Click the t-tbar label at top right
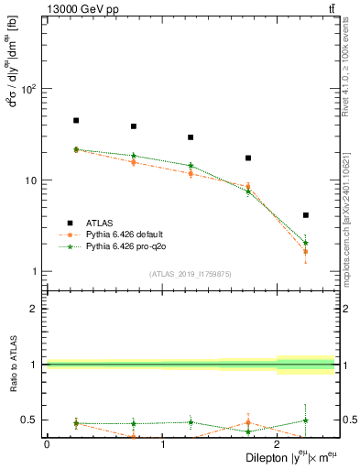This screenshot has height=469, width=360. pyautogui.click(x=330, y=8)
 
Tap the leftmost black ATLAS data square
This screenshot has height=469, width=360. pyautogui.click(x=76, y=120)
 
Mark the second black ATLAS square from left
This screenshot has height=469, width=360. pyautogui.click(x=134, y=126)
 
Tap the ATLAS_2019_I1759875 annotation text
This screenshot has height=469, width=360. pyautogui.click(x=191, y=273)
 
